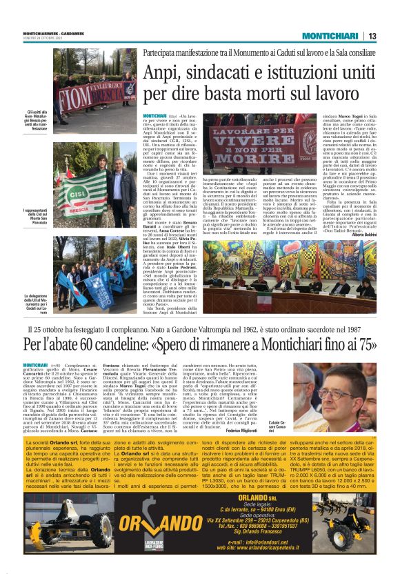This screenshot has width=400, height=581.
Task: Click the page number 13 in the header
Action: pos(373,36)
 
